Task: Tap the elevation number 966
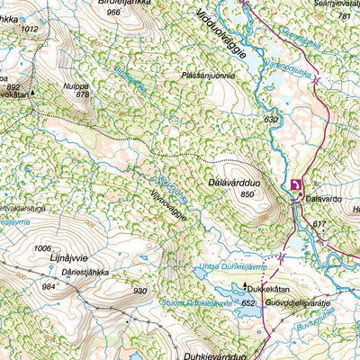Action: (112, 13)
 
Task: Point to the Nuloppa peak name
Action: (76, 85)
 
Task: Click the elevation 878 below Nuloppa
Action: (83, 94)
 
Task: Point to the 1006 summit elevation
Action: (41, 248)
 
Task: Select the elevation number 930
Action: (139, 291)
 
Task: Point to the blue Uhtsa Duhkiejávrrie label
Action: (231, 267)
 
